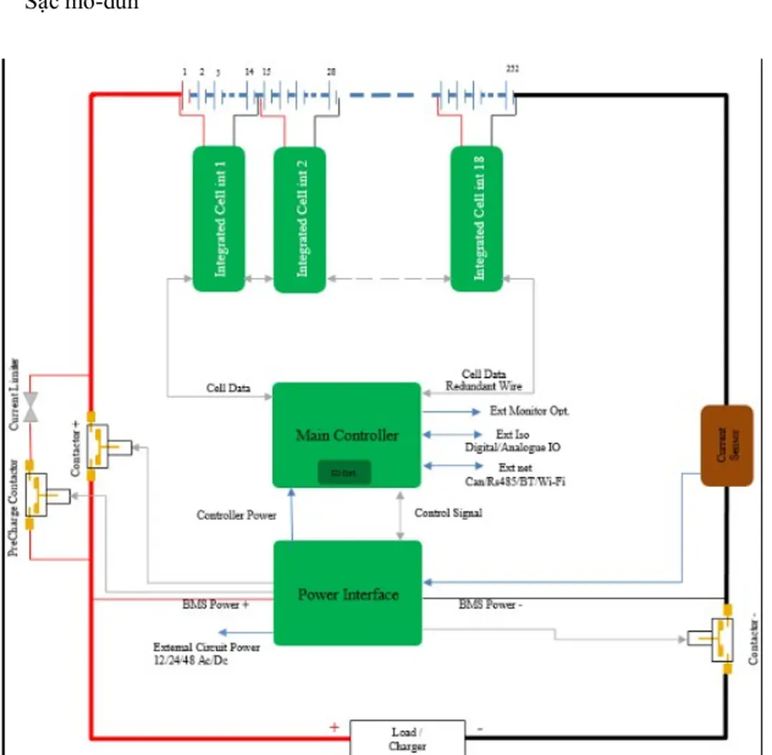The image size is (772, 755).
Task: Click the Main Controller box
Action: [347, 435]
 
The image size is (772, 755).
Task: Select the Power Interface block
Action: [347, 593]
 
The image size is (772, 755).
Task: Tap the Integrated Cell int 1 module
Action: [219, 219]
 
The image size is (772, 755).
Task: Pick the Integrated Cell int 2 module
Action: [300, 219]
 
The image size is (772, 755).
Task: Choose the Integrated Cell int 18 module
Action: [477, 219]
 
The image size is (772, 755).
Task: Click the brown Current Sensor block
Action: [726, 445]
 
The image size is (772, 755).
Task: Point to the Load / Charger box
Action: [407, 738]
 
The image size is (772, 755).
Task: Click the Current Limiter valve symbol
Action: [31, 406]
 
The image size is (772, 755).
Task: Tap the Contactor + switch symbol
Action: [99, 446]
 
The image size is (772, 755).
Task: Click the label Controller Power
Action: [236, 515]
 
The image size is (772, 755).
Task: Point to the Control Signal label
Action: [448, 513]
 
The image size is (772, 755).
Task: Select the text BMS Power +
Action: [215, 605]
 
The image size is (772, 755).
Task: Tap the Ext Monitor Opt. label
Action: [529, 411]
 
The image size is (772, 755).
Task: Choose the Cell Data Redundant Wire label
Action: [484, 380]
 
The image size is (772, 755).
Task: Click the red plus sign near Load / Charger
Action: [334, 728]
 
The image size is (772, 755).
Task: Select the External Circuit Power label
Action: [206, 653]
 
